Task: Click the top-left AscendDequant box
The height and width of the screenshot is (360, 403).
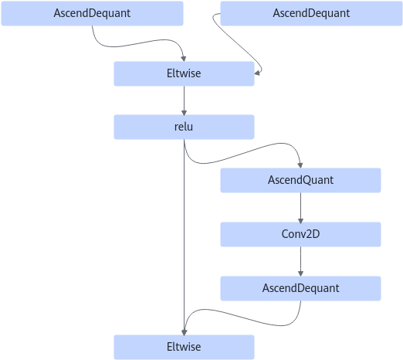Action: tap(92, 13)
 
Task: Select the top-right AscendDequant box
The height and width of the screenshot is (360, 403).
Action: tap(311, 13)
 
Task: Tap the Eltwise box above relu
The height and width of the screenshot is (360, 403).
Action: tap(184, 73)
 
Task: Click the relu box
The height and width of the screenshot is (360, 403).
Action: tap(184, 127)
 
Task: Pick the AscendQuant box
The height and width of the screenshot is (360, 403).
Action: tap(300, 180)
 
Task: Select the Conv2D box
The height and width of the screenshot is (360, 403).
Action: tap(300, 234)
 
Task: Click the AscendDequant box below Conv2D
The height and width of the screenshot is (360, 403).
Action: tap(300, 288)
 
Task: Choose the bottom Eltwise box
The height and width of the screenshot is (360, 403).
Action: tap(184, 347)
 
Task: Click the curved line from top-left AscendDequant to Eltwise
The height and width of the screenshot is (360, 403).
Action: tap(139, 43)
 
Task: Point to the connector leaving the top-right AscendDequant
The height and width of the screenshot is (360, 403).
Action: tap(237, 46)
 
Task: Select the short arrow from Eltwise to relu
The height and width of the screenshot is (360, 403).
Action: tap(184, 100)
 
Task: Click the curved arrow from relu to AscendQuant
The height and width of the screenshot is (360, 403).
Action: tap(242, 154)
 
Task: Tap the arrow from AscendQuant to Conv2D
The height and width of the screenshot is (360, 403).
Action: tap(300, 208)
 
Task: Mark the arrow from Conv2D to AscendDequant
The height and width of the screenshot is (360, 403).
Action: tap(300, 262)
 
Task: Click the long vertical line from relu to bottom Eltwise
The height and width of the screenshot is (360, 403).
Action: tap(184, 237)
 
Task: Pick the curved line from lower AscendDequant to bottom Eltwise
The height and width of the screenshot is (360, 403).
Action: tap(242, 318)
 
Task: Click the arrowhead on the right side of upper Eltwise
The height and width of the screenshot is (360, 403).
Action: tap(257, 73)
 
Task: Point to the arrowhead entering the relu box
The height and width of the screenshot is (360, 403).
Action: tap(184, 113)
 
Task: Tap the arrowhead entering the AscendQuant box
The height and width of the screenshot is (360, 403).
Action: tap(300, 165)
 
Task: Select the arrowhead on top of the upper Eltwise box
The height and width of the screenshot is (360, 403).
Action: tap(184, 59)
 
